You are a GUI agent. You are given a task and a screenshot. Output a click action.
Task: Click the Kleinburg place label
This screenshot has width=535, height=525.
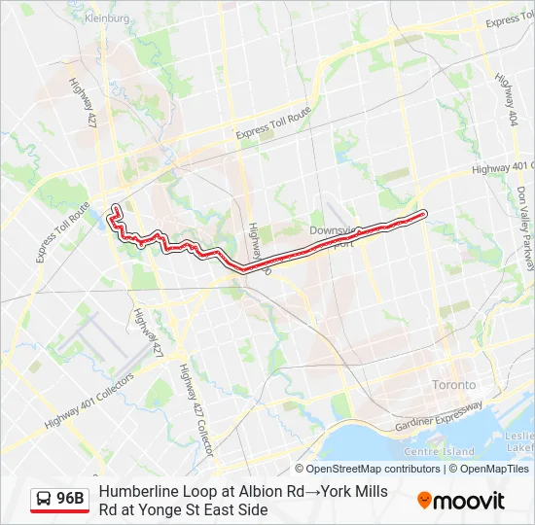coord(107,17)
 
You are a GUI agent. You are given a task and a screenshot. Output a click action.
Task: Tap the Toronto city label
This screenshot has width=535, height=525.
coord(454,384)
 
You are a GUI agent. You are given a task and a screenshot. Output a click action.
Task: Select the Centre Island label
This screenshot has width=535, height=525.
coord(438,451)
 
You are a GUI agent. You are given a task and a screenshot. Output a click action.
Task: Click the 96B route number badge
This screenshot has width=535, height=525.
coord(70,500)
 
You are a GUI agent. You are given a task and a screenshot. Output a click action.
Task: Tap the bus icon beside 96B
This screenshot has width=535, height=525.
coord(45,500)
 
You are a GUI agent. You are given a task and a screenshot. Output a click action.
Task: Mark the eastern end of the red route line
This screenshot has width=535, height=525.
coord(424,213)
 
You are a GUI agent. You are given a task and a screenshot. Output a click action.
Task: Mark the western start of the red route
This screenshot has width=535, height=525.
coord(116,207)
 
